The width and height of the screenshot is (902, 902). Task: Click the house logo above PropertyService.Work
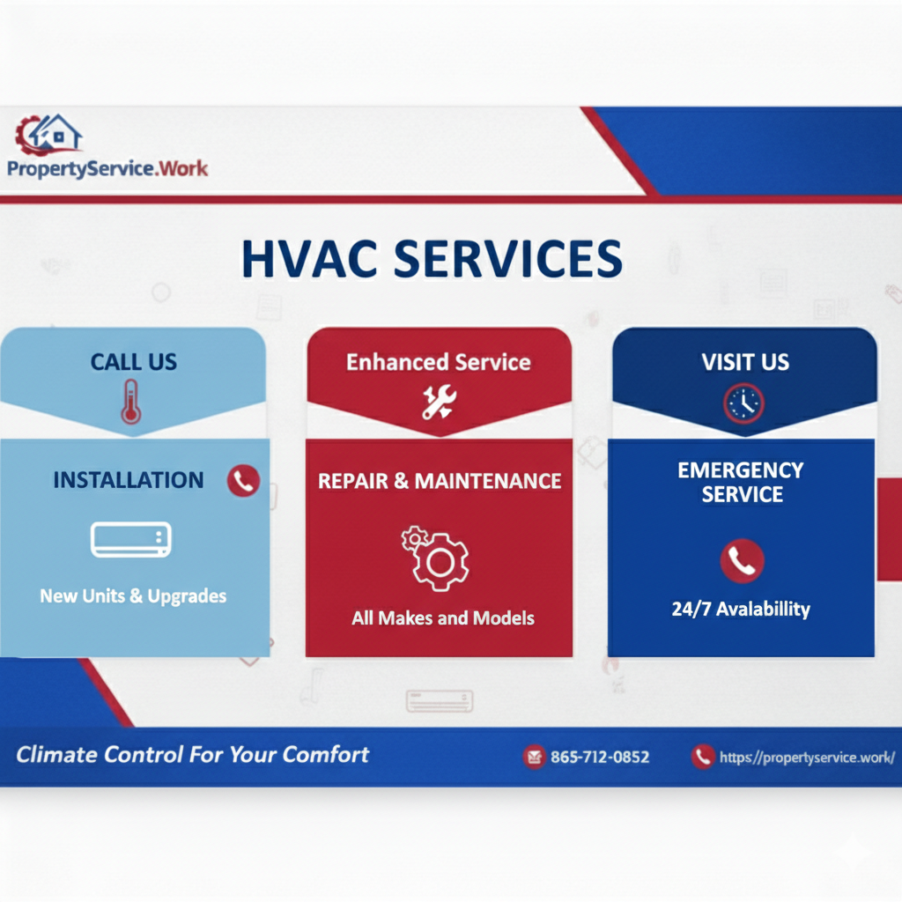(x=49, y=134)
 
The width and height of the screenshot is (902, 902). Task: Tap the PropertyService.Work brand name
(x=107, y=167)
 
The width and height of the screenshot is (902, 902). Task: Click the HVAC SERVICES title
(x=432, y=259)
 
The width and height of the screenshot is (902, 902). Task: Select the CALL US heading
(x=134, y=362)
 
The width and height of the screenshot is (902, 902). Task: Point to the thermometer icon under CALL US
(x=131, y=402)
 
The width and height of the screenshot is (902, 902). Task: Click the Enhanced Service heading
(x=439, y=363)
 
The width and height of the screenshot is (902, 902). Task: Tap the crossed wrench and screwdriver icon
(x=438, y=401)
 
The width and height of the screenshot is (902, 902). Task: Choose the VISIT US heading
(x=745, y=362)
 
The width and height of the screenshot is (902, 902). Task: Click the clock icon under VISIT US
(x=743, y=403)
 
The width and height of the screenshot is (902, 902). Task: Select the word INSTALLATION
(x=129, y=480)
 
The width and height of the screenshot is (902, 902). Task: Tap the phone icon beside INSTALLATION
(x=243, y=480)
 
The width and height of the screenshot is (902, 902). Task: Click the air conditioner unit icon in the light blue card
(x=131, y=539)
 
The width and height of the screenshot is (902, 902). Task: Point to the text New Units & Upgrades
(x=133, y=596)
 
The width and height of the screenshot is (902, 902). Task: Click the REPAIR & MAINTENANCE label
(x=440, y=481)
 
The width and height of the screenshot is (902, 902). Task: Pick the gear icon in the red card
(x=438, y=558)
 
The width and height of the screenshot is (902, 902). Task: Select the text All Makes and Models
(x=442, y=618)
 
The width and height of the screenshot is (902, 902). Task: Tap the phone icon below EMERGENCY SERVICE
(x=742, y=561)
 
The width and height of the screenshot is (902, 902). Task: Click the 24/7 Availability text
(x=741, y=609)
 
